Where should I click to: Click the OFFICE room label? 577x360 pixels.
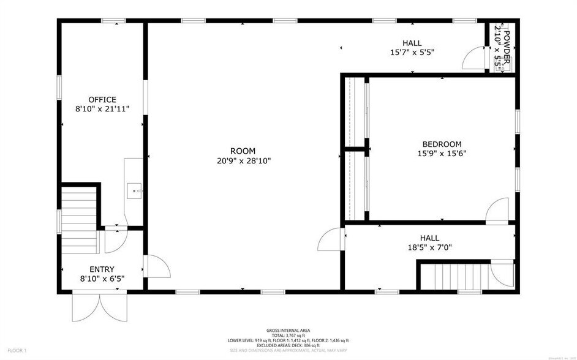(x=102, y=100)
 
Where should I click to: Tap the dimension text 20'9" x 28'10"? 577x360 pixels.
(x=243, y=161)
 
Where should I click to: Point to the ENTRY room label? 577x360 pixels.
(x=102, y=269)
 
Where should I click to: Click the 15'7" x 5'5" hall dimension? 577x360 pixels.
(x=412, y=53)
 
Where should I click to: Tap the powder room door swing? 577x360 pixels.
(x=473, y=59)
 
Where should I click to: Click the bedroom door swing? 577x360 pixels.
(x=496, y=212)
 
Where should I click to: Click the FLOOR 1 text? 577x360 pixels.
(x=17, y=351)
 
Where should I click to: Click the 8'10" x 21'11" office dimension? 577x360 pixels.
(x=102, y=109)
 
